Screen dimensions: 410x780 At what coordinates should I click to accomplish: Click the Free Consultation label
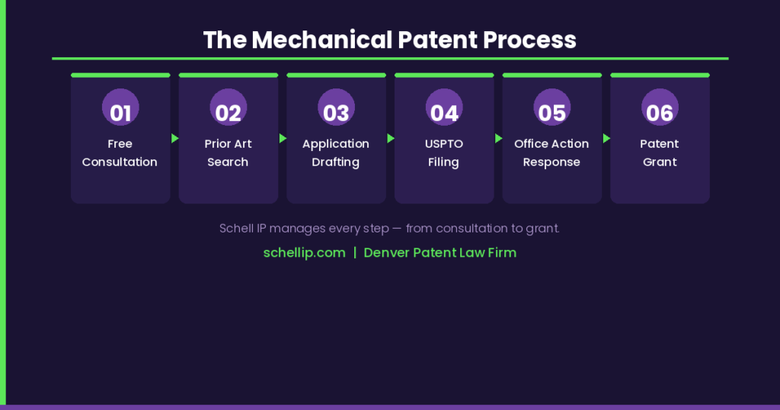click(120, 152)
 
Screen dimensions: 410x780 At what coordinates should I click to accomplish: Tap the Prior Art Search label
click(229, 152)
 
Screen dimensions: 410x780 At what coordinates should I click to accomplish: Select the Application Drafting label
click(336, 152)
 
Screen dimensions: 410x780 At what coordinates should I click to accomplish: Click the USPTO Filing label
click(444, 152)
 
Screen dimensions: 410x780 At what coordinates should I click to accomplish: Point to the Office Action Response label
click(552, 152)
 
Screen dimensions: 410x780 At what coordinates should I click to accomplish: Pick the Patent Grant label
click(660, 152)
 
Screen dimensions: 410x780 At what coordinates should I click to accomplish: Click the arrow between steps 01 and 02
click(175, 139)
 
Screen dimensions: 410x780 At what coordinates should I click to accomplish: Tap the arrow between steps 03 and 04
click(391, 139)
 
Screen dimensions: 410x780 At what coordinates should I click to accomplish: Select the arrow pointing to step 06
click(606, 139)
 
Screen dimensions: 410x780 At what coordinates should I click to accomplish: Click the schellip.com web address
click(304, 252)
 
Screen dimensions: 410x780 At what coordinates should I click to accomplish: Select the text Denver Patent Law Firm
click(440, 252)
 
